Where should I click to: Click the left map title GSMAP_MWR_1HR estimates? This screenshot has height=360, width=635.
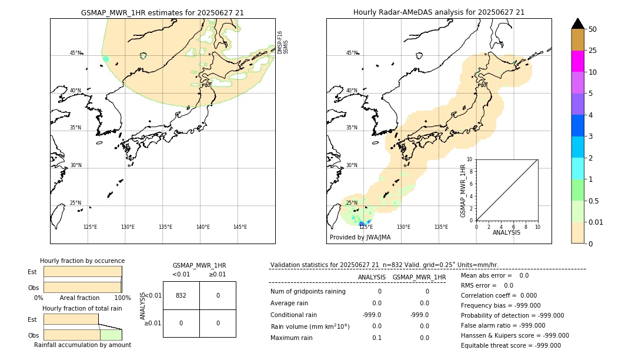coord(162,12)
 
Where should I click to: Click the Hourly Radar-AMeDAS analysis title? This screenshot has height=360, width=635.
coord(439,12)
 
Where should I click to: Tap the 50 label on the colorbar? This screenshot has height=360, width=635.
coord(593,29)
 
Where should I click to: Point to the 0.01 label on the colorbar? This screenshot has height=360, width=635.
coord(596,222)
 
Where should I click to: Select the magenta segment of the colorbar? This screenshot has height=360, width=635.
coord(577,61)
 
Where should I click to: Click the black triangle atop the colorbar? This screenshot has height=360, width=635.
coord(577,24)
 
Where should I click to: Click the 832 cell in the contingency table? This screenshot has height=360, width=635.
coord(181,295)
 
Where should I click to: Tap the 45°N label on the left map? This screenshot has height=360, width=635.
coord(75,53)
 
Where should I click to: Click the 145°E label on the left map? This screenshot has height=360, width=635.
coord(240,227)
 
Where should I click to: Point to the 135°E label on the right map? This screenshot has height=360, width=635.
coord(441,227)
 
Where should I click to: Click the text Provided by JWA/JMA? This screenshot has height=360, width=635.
coord(360,238)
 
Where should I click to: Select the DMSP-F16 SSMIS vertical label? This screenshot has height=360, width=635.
coord(283,42)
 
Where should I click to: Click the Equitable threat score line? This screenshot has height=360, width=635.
coord(511,346)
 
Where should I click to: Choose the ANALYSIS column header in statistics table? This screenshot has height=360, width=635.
coord(372,277)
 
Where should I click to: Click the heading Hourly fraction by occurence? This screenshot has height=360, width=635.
coord(82,261)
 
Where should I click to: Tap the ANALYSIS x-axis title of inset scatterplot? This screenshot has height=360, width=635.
coord(507,232)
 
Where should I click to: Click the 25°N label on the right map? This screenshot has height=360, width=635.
coord(351,203)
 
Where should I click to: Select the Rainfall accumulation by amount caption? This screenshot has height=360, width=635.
coord(82,345)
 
